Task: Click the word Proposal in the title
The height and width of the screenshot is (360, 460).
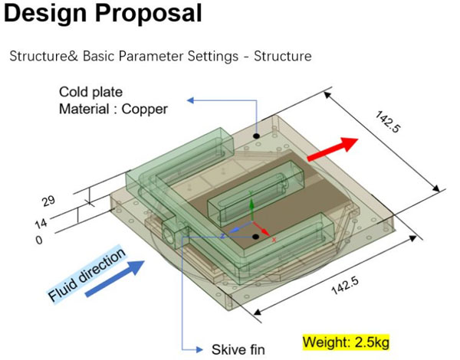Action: coord(148,14)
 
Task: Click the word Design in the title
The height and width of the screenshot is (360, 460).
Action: coord(45,14)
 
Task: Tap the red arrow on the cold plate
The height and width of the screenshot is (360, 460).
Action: coord(333,149)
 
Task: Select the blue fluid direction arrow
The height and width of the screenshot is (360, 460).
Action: coord(115,279)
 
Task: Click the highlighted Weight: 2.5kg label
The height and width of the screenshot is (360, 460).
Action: coord(346,342)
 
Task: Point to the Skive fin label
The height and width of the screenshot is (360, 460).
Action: coord(238,349)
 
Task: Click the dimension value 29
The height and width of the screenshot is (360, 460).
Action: coord(48,201)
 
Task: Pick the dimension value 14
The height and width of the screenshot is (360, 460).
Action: coord(41,224)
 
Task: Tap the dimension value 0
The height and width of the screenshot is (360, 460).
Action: coord(39,241)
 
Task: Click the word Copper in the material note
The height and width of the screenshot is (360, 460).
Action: coord(144,110)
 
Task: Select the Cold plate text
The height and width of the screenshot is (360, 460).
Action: coord(90,92)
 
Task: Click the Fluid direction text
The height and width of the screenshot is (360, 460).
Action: coord(87,274)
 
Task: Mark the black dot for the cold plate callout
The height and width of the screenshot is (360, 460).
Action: coord(257,136)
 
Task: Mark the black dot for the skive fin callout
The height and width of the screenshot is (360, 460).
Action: coord(256,237)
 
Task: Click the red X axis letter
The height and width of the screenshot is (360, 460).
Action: coord(274,240)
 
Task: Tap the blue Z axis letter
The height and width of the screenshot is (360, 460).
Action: coord(222,236)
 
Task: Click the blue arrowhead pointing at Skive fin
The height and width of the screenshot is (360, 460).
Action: coord(199,349)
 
